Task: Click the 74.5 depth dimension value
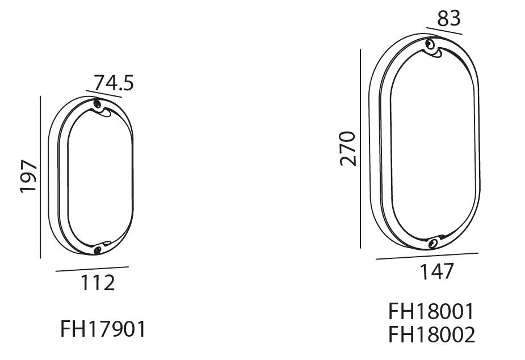[x=114, y=83]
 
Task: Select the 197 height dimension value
[x=28, y=176]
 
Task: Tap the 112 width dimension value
[x=98, y=283]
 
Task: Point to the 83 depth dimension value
[x=448, y=18]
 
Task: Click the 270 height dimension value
[x=347, y=149]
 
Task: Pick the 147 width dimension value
[x=436, y=271]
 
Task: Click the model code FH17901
[x=103, y=329]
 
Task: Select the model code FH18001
[x=431, y=311]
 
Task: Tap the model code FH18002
[x=431, y=334]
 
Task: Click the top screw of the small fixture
[x=98, y=103]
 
